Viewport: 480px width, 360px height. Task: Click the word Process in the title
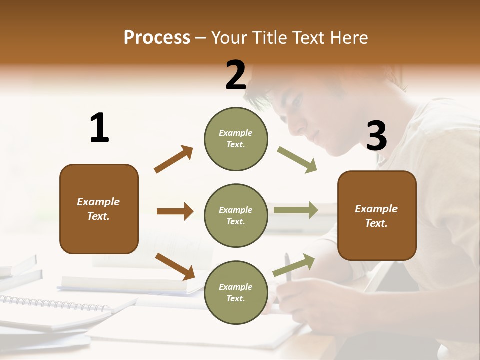tap(157, 38)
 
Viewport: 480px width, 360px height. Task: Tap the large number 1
tap(99, 128)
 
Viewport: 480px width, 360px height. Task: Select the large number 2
tap(236, 75)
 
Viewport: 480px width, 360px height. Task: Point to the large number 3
tap(376, 136)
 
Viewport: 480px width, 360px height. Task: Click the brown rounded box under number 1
tap(99, 209)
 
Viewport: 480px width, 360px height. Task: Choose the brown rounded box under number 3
tap(377, 215)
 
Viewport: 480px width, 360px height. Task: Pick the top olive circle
tap(236, 139)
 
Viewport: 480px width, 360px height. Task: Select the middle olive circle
tap(236, 215)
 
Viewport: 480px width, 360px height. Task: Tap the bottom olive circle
tap(236, 292)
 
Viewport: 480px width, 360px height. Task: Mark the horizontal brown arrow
tap(175, 211)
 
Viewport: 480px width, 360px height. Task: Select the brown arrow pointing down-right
tap(175, 266)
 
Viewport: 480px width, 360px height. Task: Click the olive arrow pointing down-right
tap(297, 160)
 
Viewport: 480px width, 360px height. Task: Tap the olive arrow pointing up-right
tap(294, 265)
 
